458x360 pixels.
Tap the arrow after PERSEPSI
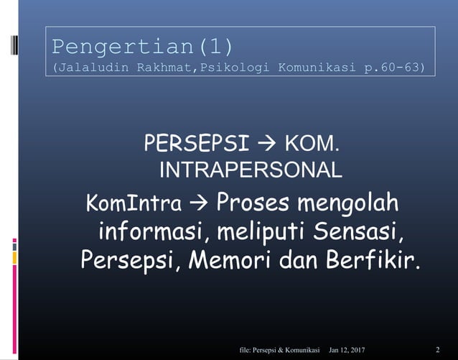(268, 144)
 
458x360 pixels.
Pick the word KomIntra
(133, 204)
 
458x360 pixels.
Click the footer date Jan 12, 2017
(347, 349)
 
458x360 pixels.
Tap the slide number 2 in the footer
(437, 349)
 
